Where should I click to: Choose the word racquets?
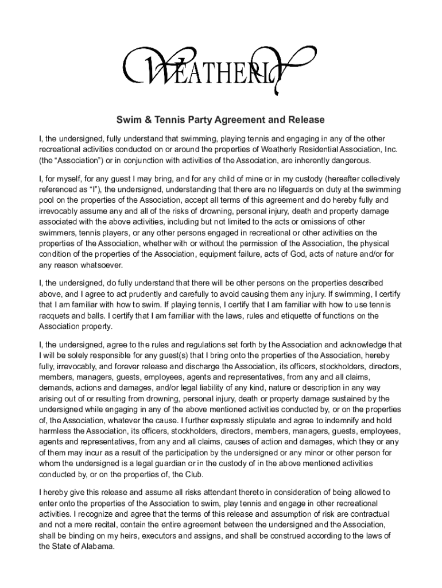(56, 316)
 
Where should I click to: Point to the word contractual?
(368, 514)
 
